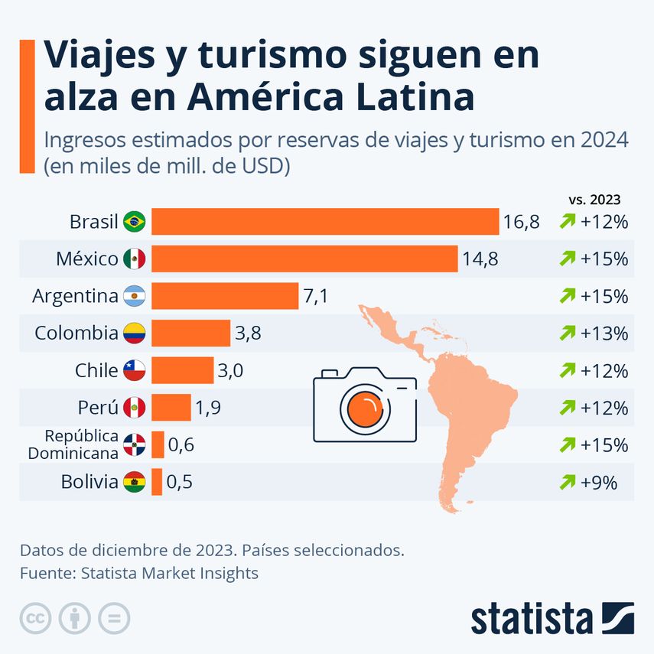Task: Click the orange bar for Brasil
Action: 325,222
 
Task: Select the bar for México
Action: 304,259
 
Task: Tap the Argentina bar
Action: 225,296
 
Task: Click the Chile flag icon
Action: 134,371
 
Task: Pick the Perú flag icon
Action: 134,408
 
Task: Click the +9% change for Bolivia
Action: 599,482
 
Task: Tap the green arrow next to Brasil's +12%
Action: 567,223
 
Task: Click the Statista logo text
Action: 532,618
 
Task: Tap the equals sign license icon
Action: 114,618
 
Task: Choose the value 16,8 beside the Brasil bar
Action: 522,223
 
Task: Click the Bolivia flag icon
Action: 134,482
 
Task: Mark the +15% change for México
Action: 604,259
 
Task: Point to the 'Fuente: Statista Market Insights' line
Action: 139,573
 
